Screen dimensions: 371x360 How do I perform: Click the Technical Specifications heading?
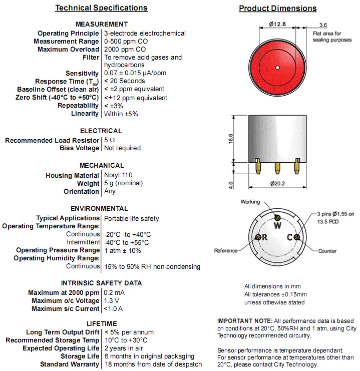[x=101, y=8]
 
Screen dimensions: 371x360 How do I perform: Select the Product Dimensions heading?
[x=277, y=9]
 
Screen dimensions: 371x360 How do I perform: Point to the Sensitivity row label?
[x=82, y=74]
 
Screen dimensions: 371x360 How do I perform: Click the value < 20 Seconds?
[x=124, y=81]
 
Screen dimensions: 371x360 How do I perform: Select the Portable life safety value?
[x=132, y=218]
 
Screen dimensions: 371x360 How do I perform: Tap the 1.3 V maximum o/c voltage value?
[x=112, y=300]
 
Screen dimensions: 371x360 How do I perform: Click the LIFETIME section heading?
[x=102, y=323]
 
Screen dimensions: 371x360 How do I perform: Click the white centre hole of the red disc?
[x=277, y=67]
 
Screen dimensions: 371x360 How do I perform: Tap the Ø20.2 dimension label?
[x=277, y=183]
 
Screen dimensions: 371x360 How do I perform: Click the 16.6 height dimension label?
[x=231, y=138]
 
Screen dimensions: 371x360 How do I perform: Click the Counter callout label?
[x=327, y=251]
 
